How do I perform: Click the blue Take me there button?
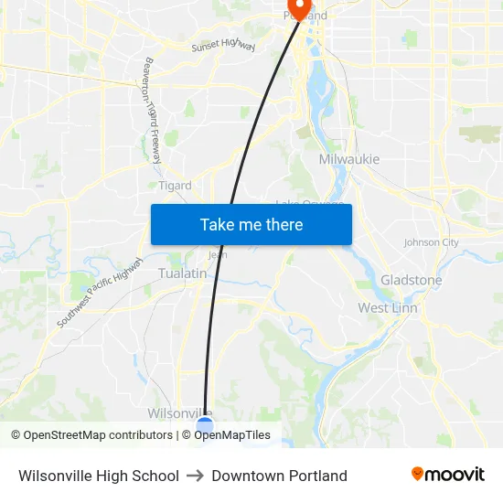point(251,224)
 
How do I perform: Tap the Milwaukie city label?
point(348,159)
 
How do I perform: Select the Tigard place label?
point(175,186)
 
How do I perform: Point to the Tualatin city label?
point(182,273)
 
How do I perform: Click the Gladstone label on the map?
point(411,280)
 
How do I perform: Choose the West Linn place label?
point(387,307)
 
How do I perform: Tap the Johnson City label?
point(431,242)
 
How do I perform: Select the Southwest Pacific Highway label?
point(100,294)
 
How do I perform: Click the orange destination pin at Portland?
point(298,7)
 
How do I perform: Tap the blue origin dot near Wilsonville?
point(205,424)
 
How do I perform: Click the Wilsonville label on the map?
point(174,412)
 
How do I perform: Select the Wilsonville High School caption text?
point(99,476)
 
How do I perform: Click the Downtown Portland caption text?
point(279,476)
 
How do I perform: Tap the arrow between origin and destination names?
point(195,476)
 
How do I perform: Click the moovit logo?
point(448,475)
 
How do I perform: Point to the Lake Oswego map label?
point(311,203)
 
